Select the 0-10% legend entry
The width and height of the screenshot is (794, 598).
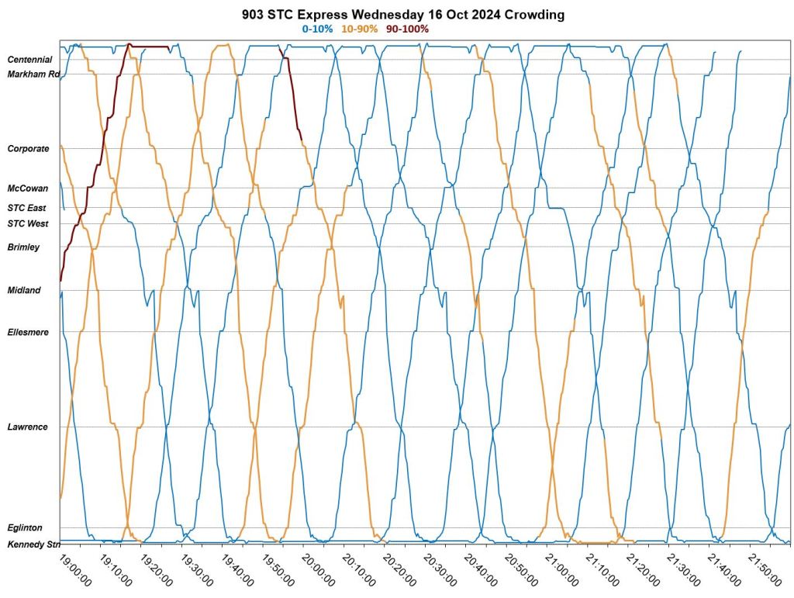point(317,29)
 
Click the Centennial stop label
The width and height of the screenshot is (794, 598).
point(29,60)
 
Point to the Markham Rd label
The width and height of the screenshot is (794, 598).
point(33,74)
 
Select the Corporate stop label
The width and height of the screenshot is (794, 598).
point(28,149)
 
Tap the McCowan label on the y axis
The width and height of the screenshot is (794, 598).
point(28,188)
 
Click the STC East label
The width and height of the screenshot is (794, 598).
point(26,208)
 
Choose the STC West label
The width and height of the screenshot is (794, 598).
point(27,224)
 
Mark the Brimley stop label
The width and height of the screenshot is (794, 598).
point(22,247)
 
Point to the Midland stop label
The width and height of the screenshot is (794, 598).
point(23,291)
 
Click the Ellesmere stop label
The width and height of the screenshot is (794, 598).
point(27,333)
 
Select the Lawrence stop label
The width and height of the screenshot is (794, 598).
point(27,427)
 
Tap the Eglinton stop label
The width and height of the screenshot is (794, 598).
point(24,528)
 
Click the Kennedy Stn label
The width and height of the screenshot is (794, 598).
point(33,544)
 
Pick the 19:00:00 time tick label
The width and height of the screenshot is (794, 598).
point(75,569)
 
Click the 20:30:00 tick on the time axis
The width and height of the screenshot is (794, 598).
point(440,569)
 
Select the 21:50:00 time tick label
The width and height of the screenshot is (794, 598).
point(764,569)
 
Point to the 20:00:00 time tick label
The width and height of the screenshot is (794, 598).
point(318,569)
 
